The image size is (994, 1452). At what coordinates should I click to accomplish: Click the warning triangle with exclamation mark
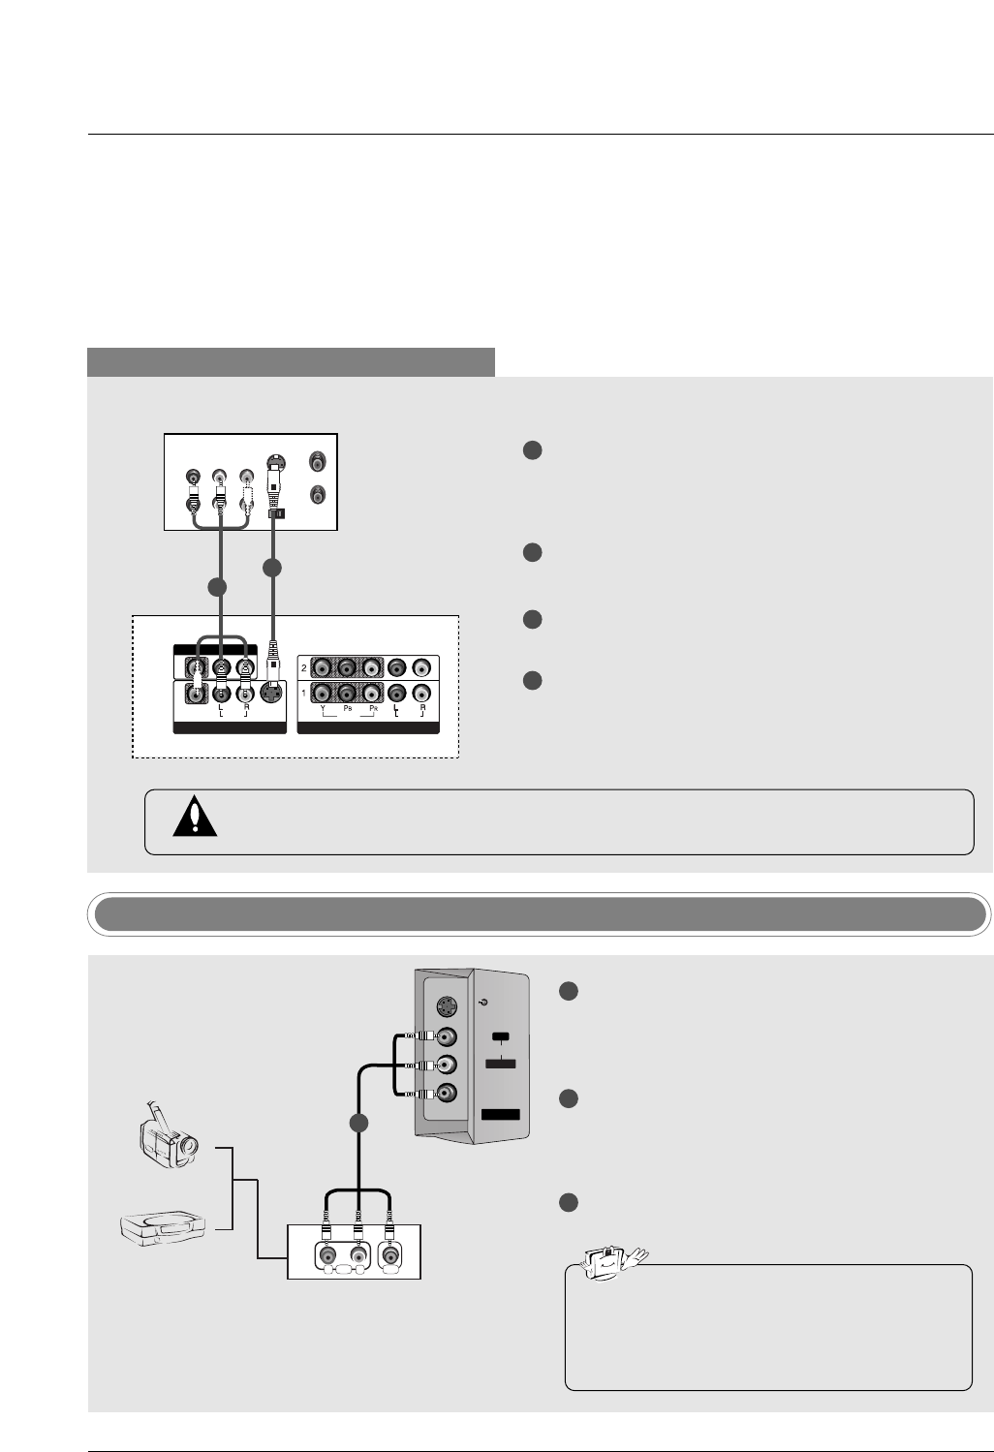click(195, 818)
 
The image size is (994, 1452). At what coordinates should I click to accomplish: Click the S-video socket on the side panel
click(445, 1004)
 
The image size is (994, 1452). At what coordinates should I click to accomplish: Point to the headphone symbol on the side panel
click(483, 1003)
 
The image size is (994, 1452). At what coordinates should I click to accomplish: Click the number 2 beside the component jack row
click(303, 668)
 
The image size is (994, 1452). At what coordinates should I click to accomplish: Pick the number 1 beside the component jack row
click(303, 694)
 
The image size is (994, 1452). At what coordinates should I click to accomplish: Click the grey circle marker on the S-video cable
click(272, 568)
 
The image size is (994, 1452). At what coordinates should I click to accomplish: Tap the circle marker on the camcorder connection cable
click(358, 1124)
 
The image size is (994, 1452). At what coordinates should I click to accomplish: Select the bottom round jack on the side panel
click(445, 1094)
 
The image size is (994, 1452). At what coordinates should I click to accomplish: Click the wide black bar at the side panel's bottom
click(501, 1115)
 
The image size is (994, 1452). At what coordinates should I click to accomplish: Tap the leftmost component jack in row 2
click(322, 667)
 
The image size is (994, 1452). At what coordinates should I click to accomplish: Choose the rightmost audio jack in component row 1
click(421, 694)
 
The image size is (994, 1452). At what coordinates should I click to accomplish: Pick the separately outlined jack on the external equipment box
click(390, 1255)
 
